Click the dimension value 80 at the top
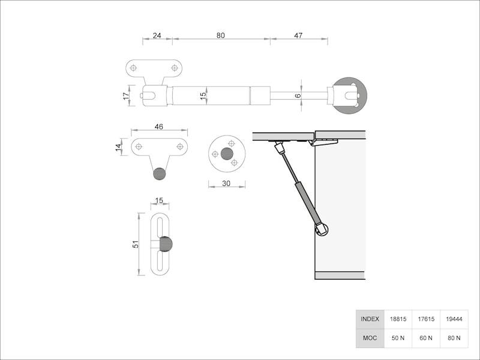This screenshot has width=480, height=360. click(220, 35)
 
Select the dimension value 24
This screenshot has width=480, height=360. click(157, 35)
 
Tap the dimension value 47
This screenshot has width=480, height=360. click(298, 35)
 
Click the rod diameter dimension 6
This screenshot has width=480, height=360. click(298, 95)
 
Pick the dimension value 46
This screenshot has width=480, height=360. click(159, 127)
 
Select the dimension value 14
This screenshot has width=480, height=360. click(119, 146)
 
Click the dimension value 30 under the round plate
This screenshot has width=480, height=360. click(226, 184)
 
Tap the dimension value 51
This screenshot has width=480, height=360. click(136, 244)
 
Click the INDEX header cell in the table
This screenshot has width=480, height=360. click(370, 319)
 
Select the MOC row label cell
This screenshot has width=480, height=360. click(370, 338)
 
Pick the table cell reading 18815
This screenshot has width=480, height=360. click(398, 319)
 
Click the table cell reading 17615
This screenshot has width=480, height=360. click(426, 319)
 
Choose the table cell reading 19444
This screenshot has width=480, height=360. click(454, 319)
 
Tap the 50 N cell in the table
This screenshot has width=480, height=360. click(398, 338)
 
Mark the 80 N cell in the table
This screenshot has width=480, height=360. click(454, 338)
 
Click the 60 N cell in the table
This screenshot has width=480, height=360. click(426, 338)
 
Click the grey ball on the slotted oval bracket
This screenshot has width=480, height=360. click(166, 245)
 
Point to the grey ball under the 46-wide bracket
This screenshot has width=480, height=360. click(159, 173)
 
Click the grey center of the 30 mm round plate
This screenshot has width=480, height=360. click(227, 154)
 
